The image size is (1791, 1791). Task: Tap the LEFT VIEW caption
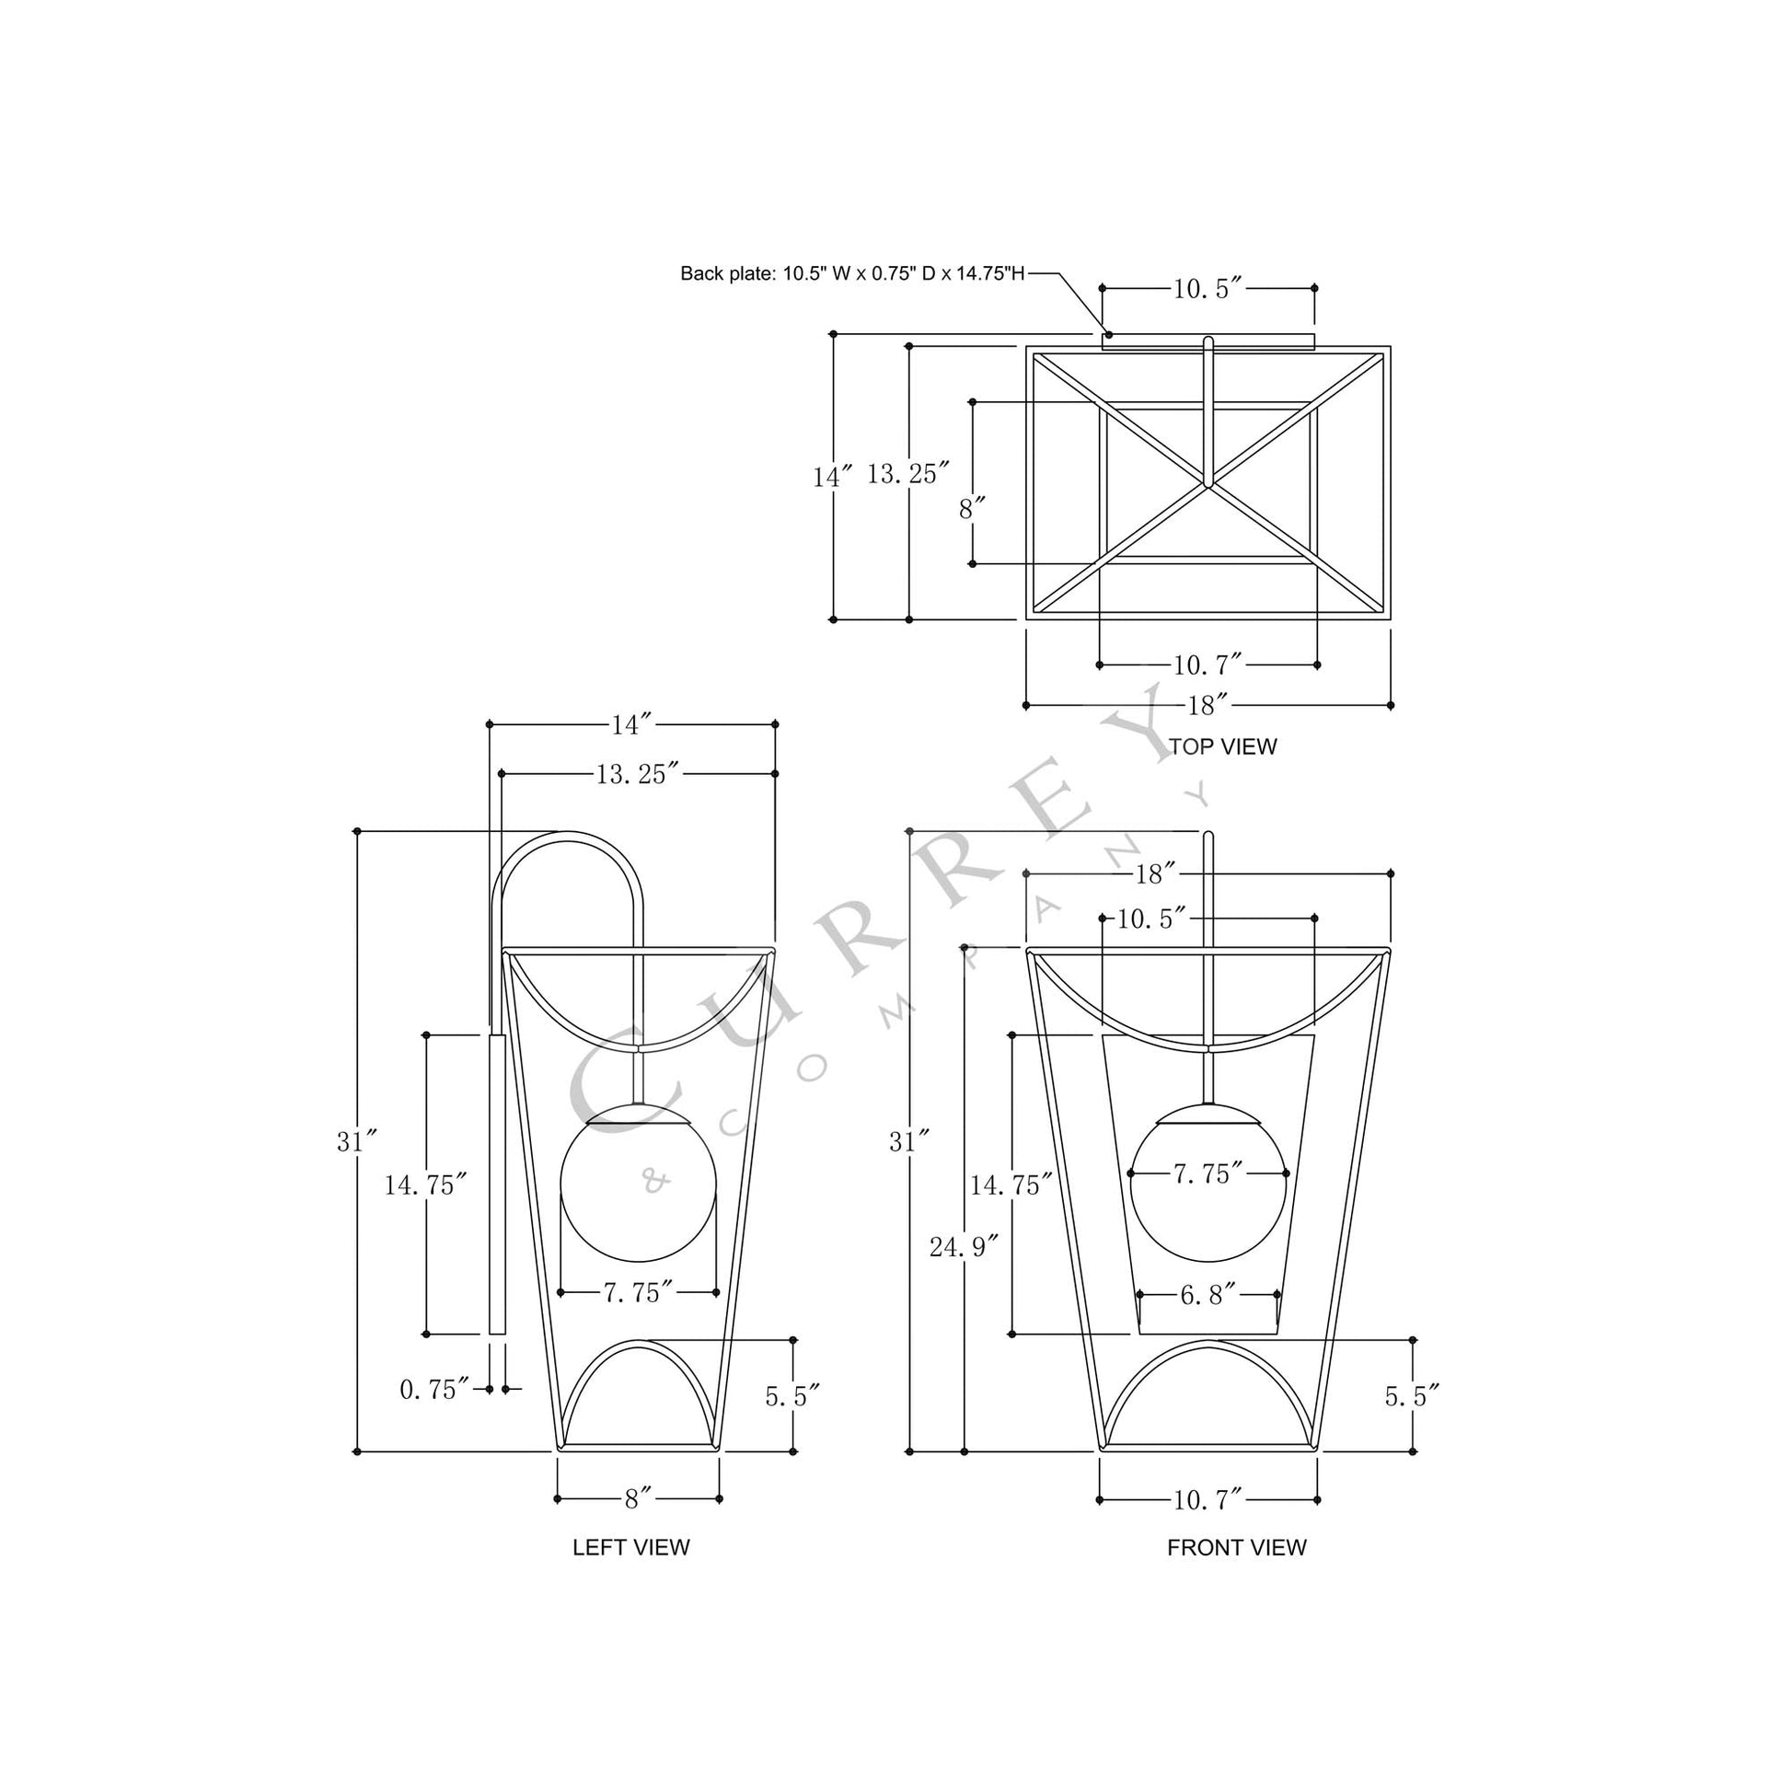(x=630, y=1547)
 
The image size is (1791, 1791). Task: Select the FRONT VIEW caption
(x=1236, y=1547)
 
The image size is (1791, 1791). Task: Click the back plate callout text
(x=852, y=273)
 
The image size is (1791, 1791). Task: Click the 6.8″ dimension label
(x=1207, y=1295)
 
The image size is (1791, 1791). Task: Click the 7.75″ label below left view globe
(x=638, y=1293)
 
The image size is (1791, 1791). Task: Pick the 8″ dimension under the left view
(x=638, y=1499)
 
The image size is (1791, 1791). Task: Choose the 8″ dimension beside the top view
(x=971, y=509)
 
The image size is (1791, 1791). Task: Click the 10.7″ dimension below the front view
(x=1207, y=1500)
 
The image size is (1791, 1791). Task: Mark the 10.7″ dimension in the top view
(x=1207, y=664)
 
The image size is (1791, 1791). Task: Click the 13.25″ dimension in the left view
(x=638, y=774)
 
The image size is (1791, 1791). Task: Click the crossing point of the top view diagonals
(x=1208, y=484)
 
